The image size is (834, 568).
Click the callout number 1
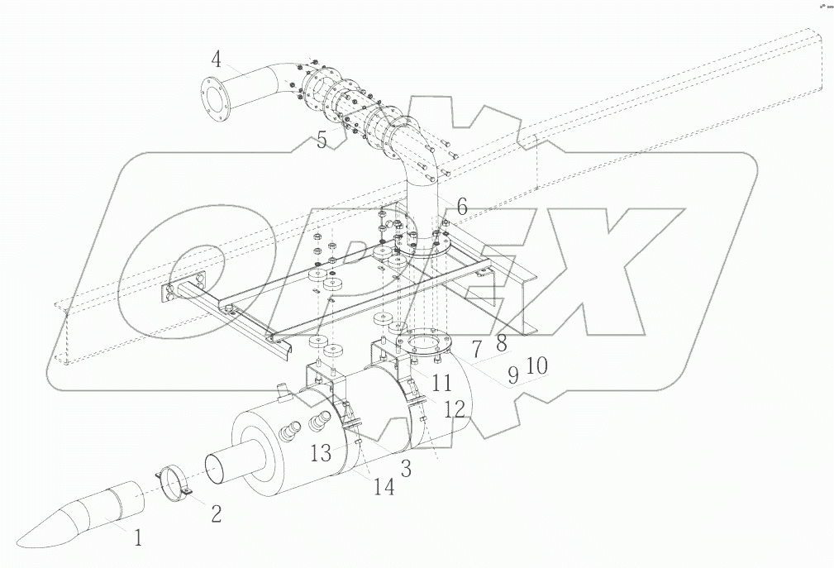click(138, 538)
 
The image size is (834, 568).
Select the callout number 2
click(216, 514)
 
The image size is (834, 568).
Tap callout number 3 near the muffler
click(406, 469)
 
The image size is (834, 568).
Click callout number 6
click(461, 208)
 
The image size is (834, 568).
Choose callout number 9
click(512, 375)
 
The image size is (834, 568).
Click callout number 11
click(443, 383)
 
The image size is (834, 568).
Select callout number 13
click(322, 452)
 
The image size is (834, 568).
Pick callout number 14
click(383, 487)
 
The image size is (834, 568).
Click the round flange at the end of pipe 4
click(214, 97)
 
